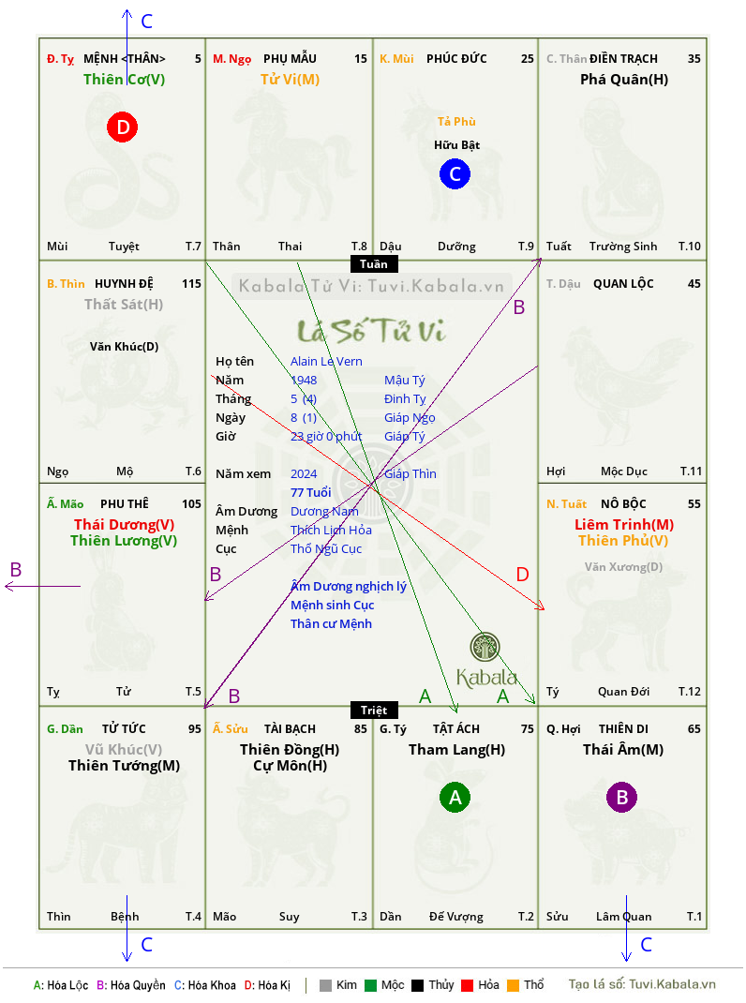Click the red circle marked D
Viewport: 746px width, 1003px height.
pos(122,127)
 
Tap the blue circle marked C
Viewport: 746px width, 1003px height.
pos(455,174)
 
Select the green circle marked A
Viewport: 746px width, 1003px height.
pos(455,797)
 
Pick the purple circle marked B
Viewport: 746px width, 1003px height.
pos(621,797)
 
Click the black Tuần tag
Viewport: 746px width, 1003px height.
pos(374,264)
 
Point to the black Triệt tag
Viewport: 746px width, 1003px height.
pos(374,710)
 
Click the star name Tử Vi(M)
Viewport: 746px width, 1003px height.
pos(290,80)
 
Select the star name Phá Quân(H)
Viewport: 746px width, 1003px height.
pos(624,80)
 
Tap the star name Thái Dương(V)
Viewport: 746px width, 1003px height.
pos(124,525)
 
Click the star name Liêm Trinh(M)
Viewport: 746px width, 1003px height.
pos(624,525)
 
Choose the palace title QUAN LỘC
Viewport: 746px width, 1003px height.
pos(623,283)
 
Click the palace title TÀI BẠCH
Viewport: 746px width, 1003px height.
pos(290,728)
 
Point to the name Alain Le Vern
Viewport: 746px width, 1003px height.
pos(326,362)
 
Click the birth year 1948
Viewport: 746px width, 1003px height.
pos(304,380)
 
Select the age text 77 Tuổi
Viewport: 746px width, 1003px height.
pos(311,492)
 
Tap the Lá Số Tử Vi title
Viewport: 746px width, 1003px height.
pos(371,331)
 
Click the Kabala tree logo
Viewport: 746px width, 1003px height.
pos(485,647)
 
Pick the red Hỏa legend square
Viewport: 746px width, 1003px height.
pos(467,985)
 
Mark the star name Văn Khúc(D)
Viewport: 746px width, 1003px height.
pos(124,347)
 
